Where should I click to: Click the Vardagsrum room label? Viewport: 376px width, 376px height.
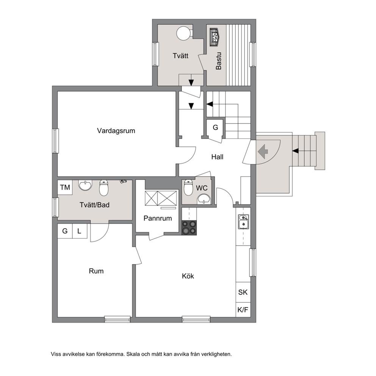click(116, 131)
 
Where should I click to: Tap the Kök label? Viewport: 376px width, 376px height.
click(188, 276)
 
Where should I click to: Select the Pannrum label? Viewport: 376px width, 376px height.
click(158, 218)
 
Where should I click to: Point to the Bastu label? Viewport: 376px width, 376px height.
click(218, 61)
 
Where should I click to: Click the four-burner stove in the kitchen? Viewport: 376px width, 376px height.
click(189, 227)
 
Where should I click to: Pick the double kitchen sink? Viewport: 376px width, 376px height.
click(243, 222)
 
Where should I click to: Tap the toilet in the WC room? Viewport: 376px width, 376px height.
click(188, 188)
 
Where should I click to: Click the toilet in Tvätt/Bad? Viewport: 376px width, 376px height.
click(104, 188)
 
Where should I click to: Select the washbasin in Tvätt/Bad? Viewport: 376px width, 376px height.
click(85, 185)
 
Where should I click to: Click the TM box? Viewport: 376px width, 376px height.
click(65, 187)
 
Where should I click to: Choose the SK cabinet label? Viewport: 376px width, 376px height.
click(243, 292)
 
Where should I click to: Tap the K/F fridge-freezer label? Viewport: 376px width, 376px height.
click(243, 310)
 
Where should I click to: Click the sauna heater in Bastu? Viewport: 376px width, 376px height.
click(215, 37)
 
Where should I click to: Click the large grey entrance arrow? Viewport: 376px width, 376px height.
click(263, 151)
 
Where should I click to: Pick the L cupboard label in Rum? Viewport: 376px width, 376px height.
click(79, 231)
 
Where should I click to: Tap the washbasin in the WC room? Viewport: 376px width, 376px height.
click(204, 199)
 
